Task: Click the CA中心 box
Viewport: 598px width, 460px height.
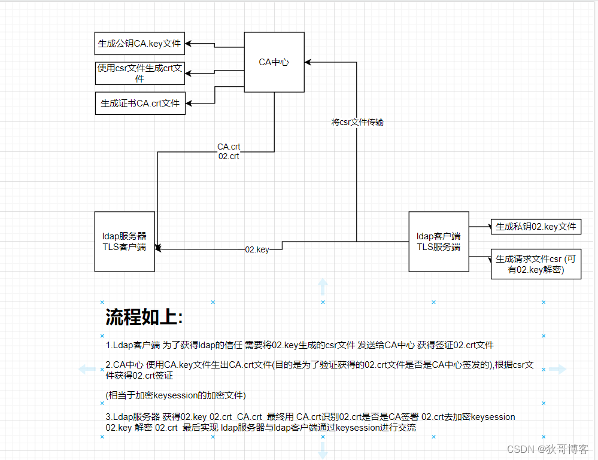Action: pyautogui.click(x=274, y=62)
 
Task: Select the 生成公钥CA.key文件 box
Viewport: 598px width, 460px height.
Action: pyautogui.click(x=139, y=44)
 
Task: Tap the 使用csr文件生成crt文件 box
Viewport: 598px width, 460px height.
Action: pyautogui.click(x=139, y=73)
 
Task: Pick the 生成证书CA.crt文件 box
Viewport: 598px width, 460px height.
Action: pyautogui.click(x=139, y=103)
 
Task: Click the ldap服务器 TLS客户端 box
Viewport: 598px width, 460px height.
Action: pyautogui.click(x=125, y=242)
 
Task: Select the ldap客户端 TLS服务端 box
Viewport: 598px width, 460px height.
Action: pyautogui.click(x=438, y=242)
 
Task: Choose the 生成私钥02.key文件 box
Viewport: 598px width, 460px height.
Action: pyautogui.click(x=536, y=227)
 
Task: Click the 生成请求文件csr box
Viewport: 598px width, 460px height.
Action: pyautogui.click(x=536, y=264)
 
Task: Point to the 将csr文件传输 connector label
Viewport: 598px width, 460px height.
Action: pyautogui.click(x=357, y=122)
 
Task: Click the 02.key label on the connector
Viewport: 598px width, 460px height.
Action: pyautogui.click(x=257, y=249)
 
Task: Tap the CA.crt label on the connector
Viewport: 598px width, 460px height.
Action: pyautogui.click(x=229, y=147)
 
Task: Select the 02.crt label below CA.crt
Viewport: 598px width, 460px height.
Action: pyautogui.click(x=229, y=156)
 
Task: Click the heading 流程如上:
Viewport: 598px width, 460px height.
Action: pyautogui.click(x=144, y=317)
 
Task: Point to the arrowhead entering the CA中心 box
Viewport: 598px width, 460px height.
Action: pyautogui.click(x=308, y=62)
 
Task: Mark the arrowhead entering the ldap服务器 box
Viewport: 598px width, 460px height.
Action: pyautogui.click(x=158, y=247)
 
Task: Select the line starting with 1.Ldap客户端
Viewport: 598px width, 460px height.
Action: pyautogui.click(x=299, y=345)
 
